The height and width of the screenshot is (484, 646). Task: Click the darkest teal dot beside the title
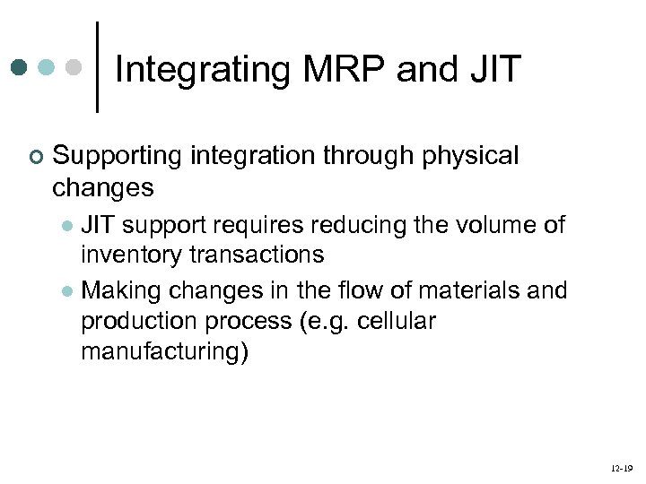[20, 67]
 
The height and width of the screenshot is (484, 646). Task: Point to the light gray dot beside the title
[75, 67]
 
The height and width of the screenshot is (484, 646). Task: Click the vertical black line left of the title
[97, 67]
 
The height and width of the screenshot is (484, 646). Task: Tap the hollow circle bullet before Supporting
[34, 158]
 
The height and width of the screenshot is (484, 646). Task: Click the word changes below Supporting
[103, 188]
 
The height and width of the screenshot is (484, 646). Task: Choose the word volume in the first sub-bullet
[495, 225]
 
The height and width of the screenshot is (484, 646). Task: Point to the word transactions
[258, 255]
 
